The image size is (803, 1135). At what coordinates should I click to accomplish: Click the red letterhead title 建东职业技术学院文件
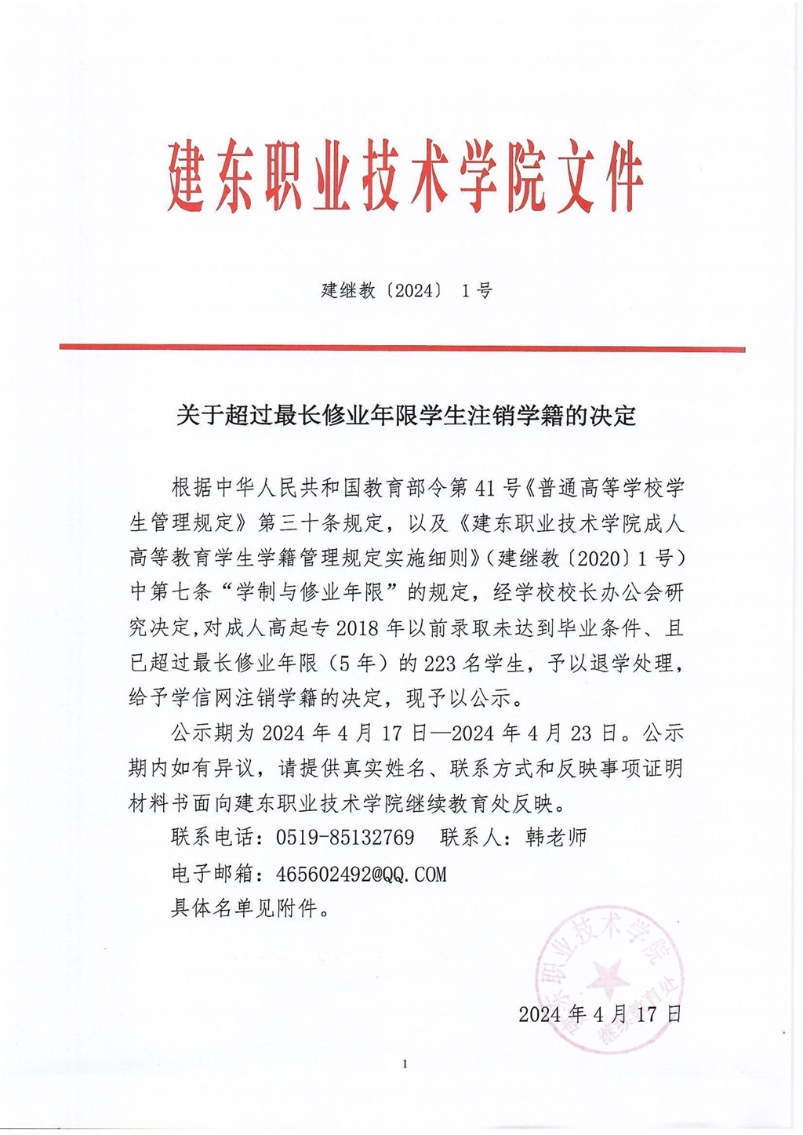tap(405, 176)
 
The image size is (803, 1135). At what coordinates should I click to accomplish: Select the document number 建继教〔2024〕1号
tap(406, 291)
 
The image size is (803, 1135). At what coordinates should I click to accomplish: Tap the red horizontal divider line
tap(401, 347)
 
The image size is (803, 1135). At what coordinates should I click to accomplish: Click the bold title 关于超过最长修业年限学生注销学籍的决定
tap(405, 415)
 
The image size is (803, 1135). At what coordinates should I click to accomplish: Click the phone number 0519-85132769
tap(345, 838)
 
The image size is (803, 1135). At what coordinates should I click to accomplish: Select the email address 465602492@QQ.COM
tap(362, 874)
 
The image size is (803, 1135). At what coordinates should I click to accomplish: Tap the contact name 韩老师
tap(556, 838)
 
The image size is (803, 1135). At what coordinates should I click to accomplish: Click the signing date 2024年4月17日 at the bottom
tap(599, 1013)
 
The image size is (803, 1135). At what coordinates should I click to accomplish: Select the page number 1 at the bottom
tap(405, 1064)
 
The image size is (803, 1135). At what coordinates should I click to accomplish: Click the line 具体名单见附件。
tap(249, 909)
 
